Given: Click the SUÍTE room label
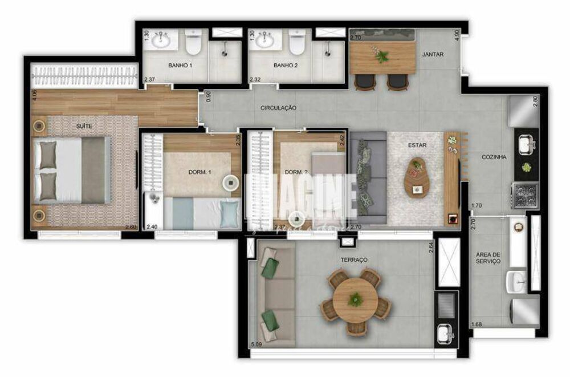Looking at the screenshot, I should pyautogui.click(x=84, y=125).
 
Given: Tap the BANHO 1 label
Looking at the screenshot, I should pyautogui.click(x=180, y=66).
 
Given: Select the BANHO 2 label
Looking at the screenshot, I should pyautogui.click(x=286, y=66).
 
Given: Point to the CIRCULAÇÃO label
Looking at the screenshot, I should pyautogui.click(x=278, y=107).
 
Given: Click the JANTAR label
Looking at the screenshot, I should pyautogui.click(x=433, y=55).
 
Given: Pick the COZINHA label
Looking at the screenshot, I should pyautogui.click(x=494, y=157).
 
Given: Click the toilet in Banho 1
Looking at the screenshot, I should pyautogui.click(x=194, y=42).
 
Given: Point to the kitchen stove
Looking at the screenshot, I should pyautogui.click(x=524, y=194).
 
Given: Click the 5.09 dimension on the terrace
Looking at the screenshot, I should pyautogui.click(x=256, y=344).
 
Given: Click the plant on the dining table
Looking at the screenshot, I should pyautogui.click(x=381, y=56).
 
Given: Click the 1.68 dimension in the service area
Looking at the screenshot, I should pyautogui.click(x=477, y=325).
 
